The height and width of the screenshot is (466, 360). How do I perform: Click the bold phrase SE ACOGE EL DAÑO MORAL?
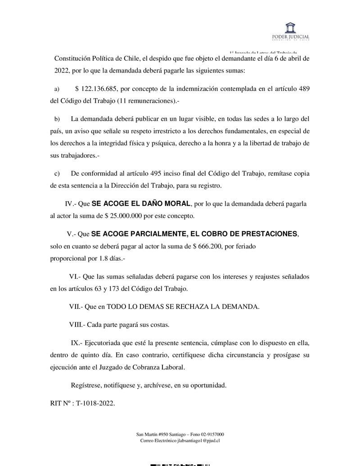pos(141,204)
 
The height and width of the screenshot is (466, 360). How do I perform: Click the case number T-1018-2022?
pos(95,403)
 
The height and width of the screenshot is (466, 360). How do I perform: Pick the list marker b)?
pos(57,119)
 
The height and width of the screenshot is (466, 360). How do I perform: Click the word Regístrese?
pos(86,386)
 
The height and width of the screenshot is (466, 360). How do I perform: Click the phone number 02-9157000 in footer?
pos(211,434)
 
